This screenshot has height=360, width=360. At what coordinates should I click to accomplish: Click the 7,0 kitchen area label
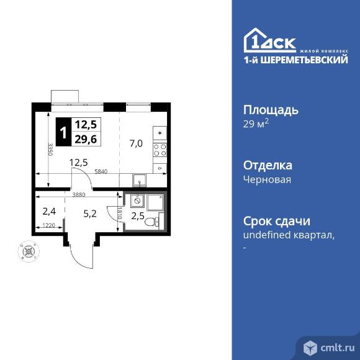pyautogui.click(x=137, y=143)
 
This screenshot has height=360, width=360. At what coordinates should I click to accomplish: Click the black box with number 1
pyautogui.click(x=63, y=130)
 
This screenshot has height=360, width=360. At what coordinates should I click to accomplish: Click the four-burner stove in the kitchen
pyautogui.click(x=160, y=150)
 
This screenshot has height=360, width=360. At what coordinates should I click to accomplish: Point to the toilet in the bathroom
pyautogui.click(x=157, y=220)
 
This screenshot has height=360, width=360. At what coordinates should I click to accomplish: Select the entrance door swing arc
pyautogui.click(x=78, y=254)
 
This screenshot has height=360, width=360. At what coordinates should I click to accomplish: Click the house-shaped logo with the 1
pyautogui.click(x=256, y=40)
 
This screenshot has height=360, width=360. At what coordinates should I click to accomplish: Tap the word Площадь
pyautogui.click(x=270, y=110)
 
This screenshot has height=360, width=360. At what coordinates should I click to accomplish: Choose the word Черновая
pyautogui.click(x=267, y=180)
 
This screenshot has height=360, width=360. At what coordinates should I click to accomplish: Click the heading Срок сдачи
pyautogui.click(x=276, y=222)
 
